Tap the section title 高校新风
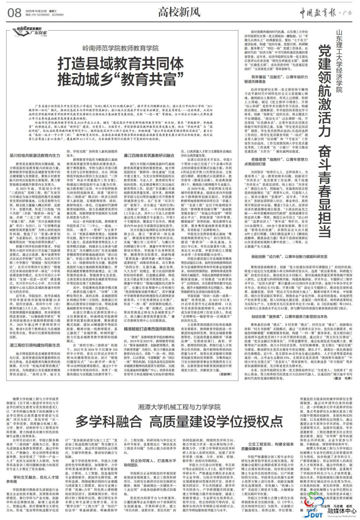179,12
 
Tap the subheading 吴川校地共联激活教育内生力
34,155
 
